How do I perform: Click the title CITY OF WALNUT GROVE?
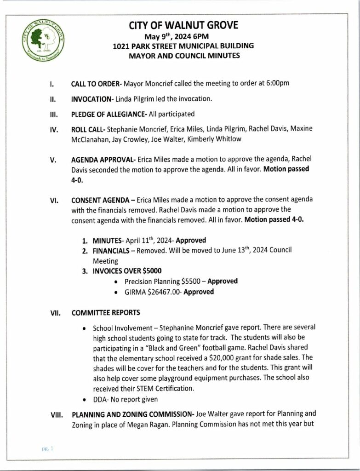click(183, 25)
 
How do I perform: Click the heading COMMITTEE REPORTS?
click(106, 313)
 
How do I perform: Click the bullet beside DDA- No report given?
click(82, 399)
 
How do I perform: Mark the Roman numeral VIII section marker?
click(56, 414)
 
